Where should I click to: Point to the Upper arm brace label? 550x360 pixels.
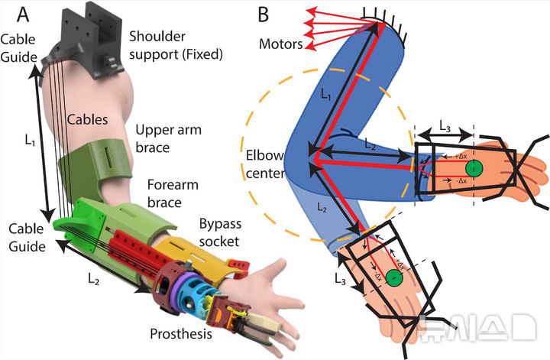click(x=168, y=138)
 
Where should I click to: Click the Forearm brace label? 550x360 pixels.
click(x=163, y=193)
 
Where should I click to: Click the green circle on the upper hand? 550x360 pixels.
click(x=474, y=168)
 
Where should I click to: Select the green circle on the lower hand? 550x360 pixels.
click(x=394, y=278)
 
